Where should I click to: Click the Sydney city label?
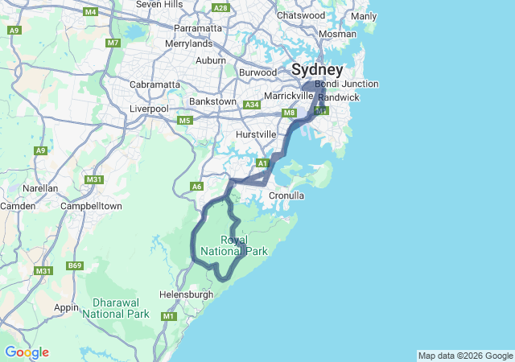click(x=317, y=69)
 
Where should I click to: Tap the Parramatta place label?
click(x=197, y=27)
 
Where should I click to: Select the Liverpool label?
click(x=149, y=109)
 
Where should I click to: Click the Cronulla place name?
click(x=286, y=195)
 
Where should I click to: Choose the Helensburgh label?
click(x=186, y=294)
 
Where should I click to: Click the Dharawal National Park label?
click(x=116, y=308)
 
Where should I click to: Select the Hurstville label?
click(x=256, y=134)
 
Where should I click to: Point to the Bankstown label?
click(x=212, y=101)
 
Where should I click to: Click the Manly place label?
click(x=364, y=16)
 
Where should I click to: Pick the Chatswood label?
click(x=300, y=15)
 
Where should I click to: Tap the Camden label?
click(x=18, y=206)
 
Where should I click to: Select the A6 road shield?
click(x=196, y=186)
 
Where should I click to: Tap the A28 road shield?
click(x=220, y=8)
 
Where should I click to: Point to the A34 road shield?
click(x=253, y=105)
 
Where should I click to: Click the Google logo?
click(x=27, y=352)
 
